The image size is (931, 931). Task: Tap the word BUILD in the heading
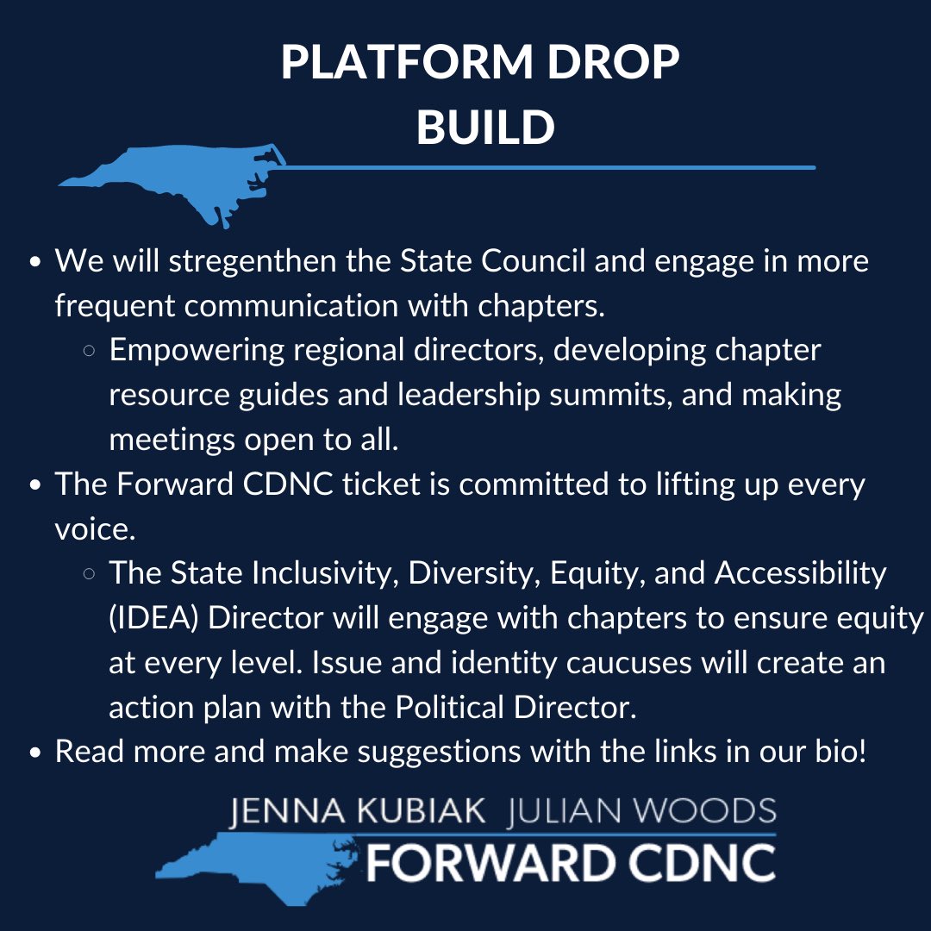tap(485, 128)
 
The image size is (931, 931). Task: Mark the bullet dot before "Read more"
tap(35, 753)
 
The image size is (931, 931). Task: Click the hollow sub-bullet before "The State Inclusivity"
tap(89, 575)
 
